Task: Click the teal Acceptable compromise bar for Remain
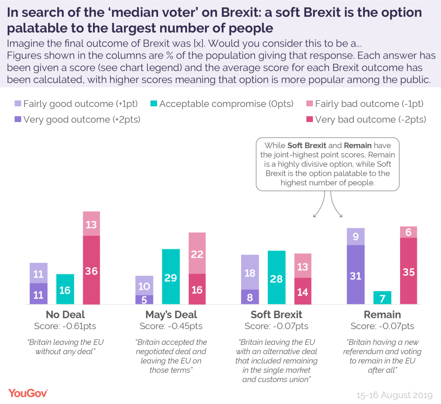(382, 298)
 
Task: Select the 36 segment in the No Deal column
(91, 270)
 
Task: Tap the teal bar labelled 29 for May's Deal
(171, 277)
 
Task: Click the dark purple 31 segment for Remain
(356, 275)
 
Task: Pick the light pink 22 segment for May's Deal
(197, 254)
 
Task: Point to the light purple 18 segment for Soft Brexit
(250, 272)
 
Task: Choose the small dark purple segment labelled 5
(144, 300)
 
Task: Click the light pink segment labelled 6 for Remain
(408, 232)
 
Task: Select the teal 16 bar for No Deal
(65, 289)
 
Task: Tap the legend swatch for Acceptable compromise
(154, 104)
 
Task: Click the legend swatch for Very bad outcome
(309, 120)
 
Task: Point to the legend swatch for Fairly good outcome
(18, 104)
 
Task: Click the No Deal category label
(65, 314)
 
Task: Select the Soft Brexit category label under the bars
(276, 314)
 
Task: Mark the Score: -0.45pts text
(171, 326)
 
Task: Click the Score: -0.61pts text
(65, 326)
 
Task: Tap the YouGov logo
(28, 393)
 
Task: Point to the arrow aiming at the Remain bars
(337, 207)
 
